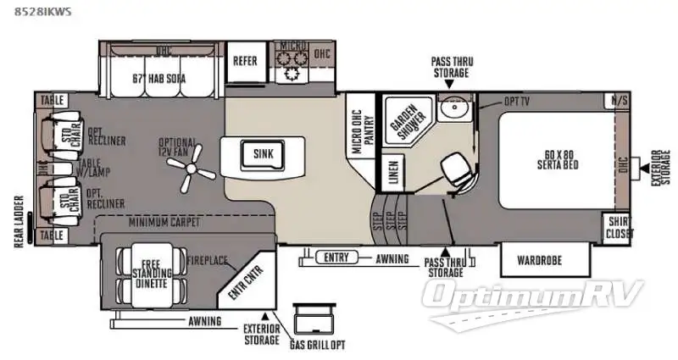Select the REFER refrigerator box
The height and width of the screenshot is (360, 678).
coord(245,61)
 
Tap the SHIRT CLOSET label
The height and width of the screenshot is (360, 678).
coord(618,229)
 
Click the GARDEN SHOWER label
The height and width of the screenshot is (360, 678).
coord(404,124)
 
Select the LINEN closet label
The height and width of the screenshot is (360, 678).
coord(392,172)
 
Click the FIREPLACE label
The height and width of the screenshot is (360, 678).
coord(208,261)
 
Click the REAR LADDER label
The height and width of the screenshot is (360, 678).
coord(17,226)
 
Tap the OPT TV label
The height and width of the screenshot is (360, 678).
coord(519,102)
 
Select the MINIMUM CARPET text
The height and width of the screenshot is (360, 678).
coord(164,223)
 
